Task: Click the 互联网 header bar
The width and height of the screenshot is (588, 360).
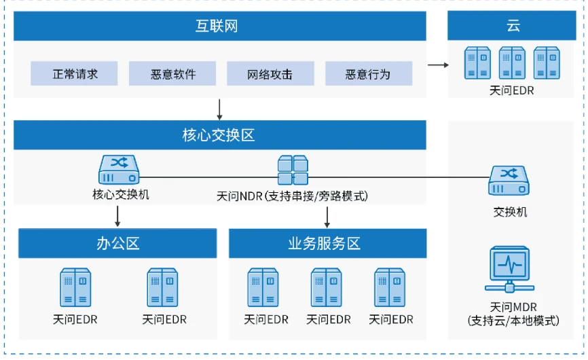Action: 220,26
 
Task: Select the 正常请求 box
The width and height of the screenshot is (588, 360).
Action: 74,73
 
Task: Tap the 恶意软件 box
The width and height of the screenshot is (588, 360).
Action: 172,73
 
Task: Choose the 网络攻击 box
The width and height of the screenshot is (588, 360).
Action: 270,73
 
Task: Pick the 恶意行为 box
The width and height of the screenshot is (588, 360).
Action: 369,73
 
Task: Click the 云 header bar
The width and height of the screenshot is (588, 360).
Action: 513,26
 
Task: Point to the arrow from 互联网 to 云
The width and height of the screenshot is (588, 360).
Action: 438,65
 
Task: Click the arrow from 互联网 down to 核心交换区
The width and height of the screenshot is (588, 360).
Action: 219,109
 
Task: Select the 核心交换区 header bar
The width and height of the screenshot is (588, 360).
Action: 220,135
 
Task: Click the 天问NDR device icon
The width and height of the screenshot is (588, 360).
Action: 293,169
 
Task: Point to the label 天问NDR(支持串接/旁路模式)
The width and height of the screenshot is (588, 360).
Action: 293,196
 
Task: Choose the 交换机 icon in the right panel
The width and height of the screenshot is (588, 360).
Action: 509,181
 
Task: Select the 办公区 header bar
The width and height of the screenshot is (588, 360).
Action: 117,243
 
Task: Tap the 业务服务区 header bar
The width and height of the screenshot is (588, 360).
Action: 328,243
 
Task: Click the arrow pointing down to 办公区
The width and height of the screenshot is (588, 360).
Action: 118,215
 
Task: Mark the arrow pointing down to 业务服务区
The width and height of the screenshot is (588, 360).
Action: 329,216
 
